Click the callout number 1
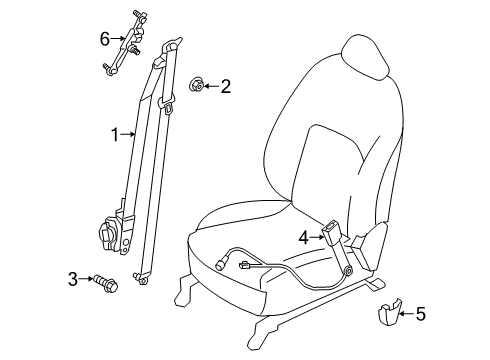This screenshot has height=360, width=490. (115, 133)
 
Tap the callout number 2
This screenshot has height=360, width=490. (226, 87)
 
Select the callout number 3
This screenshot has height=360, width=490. (73, 277)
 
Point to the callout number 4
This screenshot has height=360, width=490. (303, 237)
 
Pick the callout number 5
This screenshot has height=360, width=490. (420, 316)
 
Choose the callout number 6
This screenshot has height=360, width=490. (103, 39)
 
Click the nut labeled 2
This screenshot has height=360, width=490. (198, 87)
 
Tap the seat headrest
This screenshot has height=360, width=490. (363, 60)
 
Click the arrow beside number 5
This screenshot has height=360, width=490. (405, 316)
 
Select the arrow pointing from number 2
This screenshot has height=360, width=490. (212, 87)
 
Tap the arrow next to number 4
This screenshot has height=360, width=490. (316, 237)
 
